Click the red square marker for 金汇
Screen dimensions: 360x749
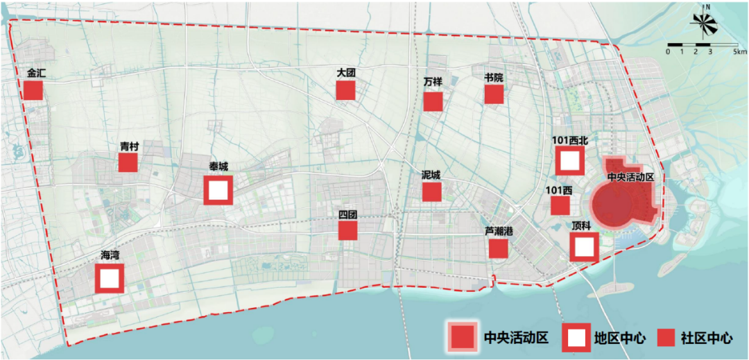click(x=33, y=90)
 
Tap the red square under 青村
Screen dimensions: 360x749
click(x=128, y=162)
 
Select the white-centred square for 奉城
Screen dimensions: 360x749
click(x=218, y=189)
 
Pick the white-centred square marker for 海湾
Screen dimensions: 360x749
click(x=110, y=278)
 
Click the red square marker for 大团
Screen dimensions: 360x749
click(x=345, y=90)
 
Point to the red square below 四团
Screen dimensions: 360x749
click(x=348, y=230)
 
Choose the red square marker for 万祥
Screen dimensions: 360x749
click(x=433, y=101)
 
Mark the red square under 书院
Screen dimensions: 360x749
click(x=494, y=94)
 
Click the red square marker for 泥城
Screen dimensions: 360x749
click(x=432, y=191)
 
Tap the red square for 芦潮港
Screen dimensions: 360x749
click(x=498, y=248)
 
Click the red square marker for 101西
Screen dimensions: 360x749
click(x=560, y=205)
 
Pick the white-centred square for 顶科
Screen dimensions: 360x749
click(x=585, y=246)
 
